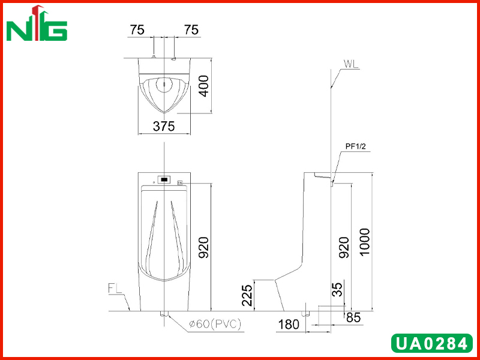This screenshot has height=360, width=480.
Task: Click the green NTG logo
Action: pyautogui.click(x=37, y=23)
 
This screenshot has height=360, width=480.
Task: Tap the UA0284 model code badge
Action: pyautogui.click(x=432, y=343)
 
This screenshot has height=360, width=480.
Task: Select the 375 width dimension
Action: pyautogui.click(x=164, y=126)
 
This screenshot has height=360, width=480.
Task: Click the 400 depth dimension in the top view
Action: pyautogui.click(x=203, y=86)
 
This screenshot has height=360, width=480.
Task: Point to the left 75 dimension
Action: pyautogui.click(x=137, y=30)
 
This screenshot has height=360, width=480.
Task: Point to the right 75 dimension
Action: pyautogui.click(x=191, y=30)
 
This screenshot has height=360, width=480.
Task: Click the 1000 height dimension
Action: pyautogui.click(x=365, y=242)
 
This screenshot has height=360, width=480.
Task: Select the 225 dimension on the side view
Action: pyautogui.click(x=247, y=295)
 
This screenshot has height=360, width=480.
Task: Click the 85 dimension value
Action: pyautogui.click(x=353, y=318)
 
